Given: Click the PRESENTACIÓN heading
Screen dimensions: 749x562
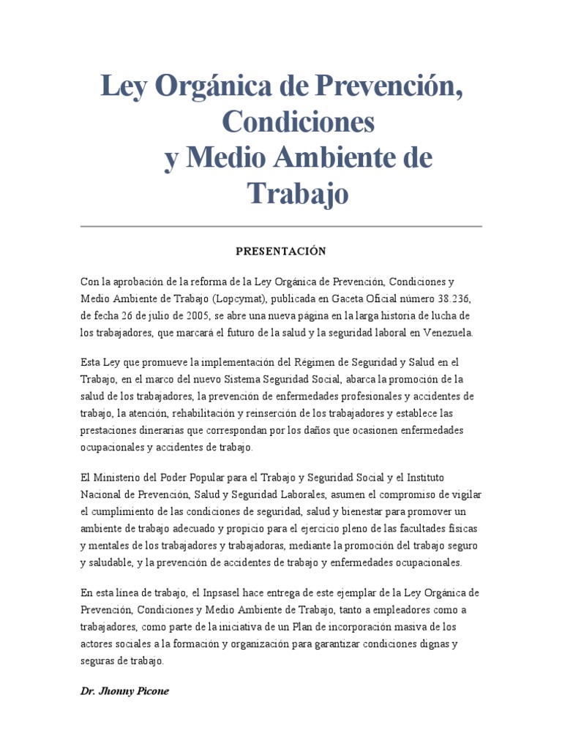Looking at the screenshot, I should click(280, 251).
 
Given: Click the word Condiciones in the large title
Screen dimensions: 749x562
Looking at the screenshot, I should click(298, 123).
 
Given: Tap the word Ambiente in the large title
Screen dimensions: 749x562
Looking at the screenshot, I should click(337, 158).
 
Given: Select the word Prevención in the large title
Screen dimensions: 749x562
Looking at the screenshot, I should click(387, 88).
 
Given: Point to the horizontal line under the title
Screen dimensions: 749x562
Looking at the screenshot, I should click(280, 227).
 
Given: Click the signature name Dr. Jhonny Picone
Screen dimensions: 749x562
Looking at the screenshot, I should click(124, 691).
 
